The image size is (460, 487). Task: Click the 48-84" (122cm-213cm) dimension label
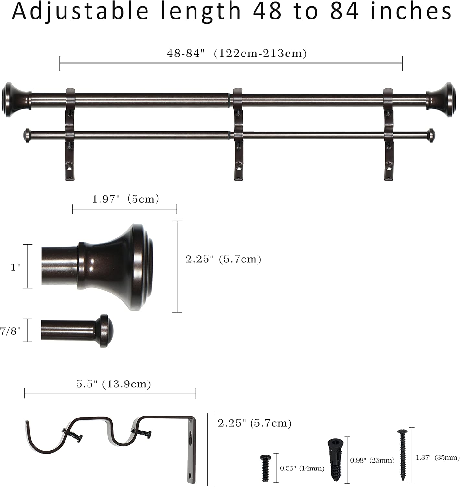(237, 53)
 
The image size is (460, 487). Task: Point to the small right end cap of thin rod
(431, 135)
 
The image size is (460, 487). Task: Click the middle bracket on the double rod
(238, 133)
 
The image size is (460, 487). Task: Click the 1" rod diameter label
(16, 267)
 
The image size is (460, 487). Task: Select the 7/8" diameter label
(11, 331)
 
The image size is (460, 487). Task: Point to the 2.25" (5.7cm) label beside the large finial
(223, 259)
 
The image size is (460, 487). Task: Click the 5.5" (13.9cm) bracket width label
(114, 384)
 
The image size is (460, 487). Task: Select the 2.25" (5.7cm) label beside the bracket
(255, 423)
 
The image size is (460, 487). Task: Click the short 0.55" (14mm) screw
(265, 468)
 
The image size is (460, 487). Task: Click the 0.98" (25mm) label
(372, 460)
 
